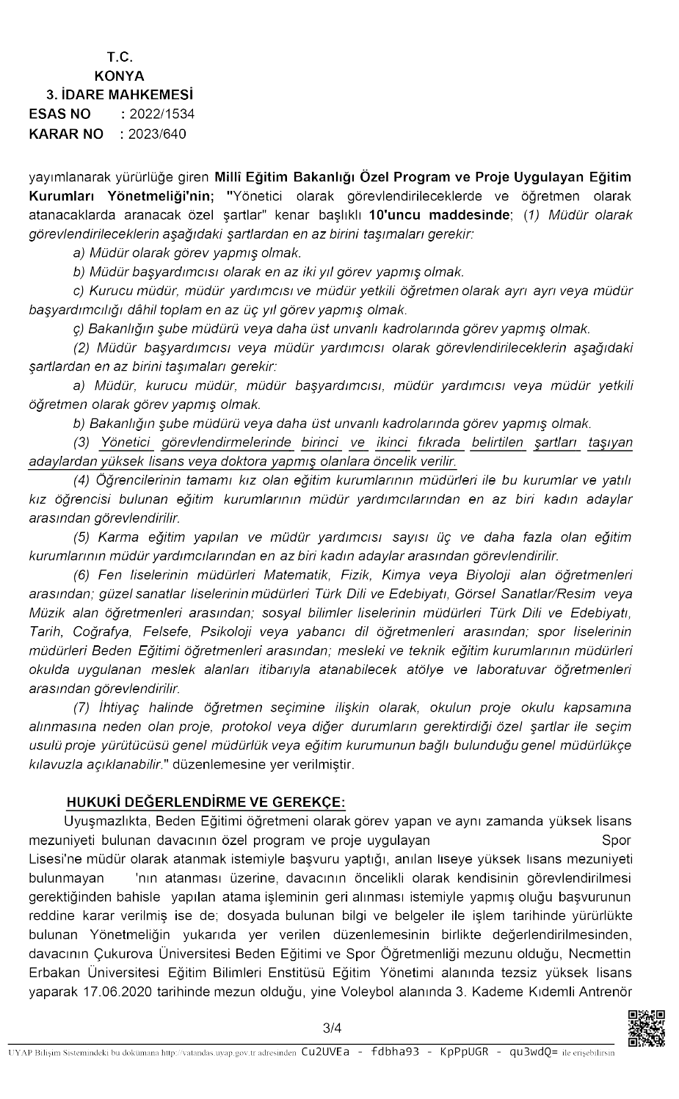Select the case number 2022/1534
[161, 114]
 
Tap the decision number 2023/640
[157, 134]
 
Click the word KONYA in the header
[119, 76]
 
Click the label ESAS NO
[60, 114]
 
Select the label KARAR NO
[66, 134]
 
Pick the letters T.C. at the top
[120, 57]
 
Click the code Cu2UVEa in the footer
[325, 1052]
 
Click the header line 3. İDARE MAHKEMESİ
[120, 95]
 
